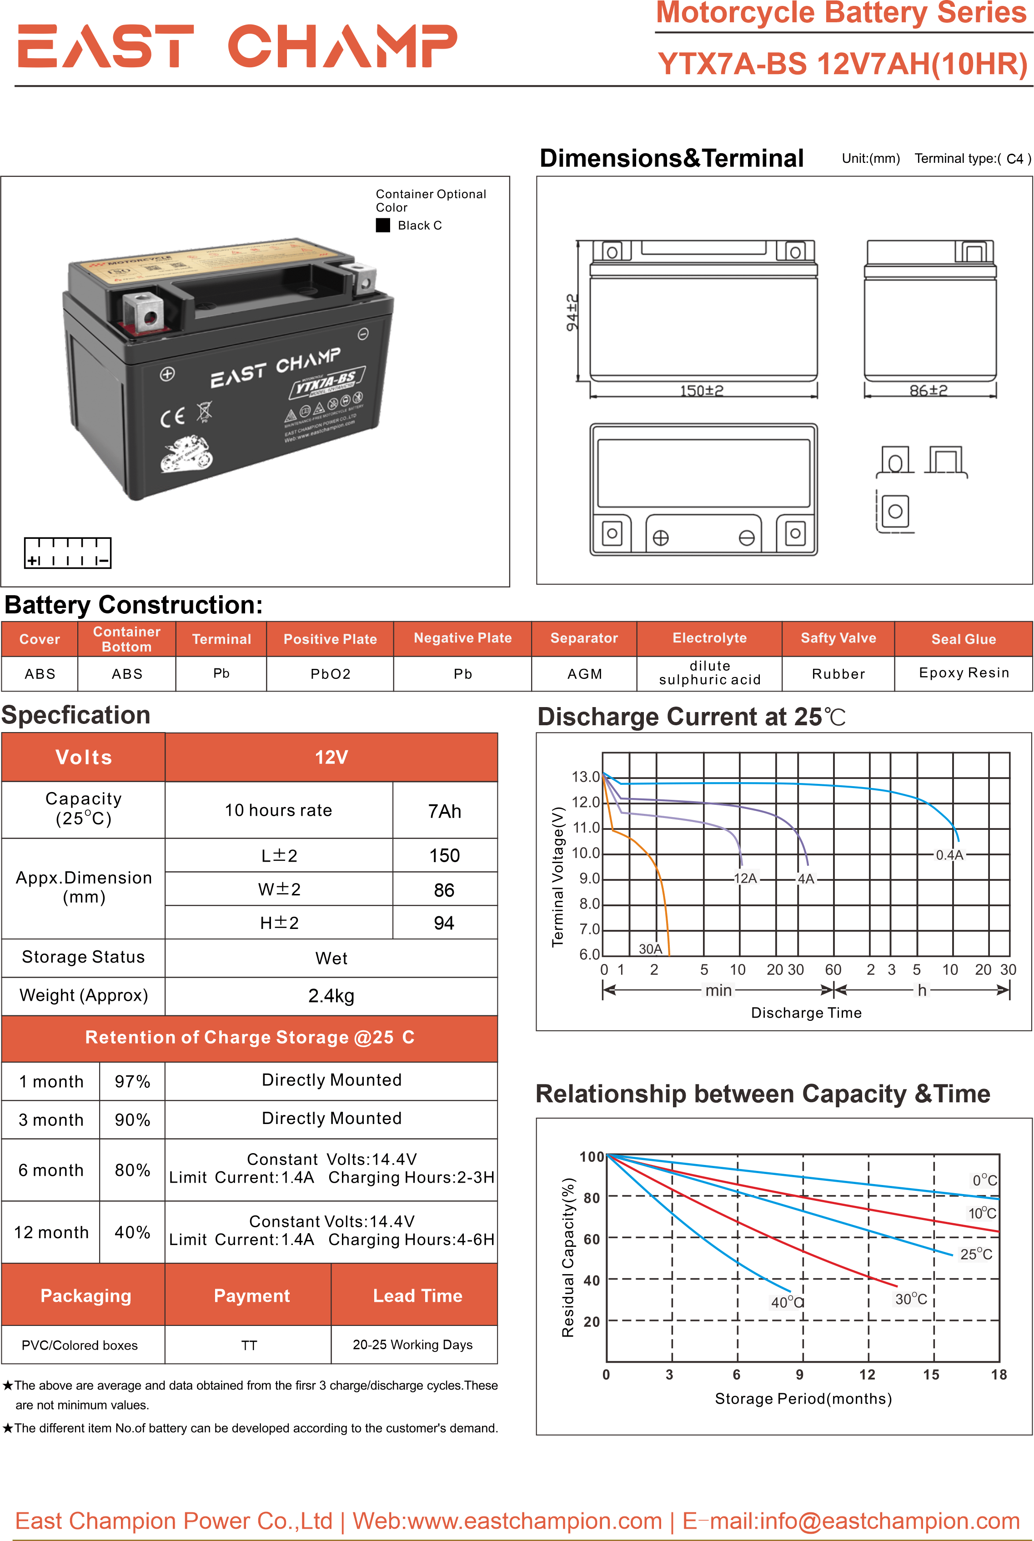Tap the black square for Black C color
point(382,225)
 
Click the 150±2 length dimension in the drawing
point(702,390)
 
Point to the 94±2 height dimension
point(572,312)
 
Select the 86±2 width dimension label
point(929,390)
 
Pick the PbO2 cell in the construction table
point(331,674)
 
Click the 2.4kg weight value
point(331,996)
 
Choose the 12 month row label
point(51,1232)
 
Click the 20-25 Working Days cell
point(413,1345)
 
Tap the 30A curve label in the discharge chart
point(650,949)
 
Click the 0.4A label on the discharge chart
point(949,855)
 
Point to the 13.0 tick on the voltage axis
point(586,777)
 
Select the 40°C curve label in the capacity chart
point(786,1302)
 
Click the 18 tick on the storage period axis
point(999,1375)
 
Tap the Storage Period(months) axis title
point(803,1399)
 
